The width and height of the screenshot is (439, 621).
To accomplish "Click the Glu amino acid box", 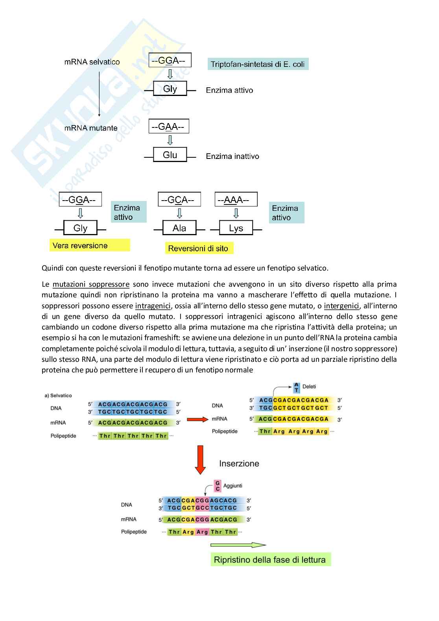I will click(170, 155).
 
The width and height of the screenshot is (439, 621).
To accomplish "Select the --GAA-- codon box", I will click(168, 127).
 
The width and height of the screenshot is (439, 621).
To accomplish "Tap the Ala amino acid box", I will click(179, 228).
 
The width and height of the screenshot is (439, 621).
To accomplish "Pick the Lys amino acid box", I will click(236, 228).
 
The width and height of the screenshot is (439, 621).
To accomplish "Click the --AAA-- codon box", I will click(236, 200).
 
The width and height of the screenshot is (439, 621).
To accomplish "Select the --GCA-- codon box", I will click(179, 200).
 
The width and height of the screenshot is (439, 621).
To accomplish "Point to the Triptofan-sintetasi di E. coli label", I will click(258, 64).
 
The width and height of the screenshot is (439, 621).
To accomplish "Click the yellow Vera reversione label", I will click(89, 245).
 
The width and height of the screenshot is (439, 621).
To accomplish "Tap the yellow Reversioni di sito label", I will click(198, 248).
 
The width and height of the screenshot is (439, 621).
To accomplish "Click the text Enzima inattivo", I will click(232, 156).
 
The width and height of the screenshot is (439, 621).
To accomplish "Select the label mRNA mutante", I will click(91, 128).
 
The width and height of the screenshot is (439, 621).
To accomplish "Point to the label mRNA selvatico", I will click(92, 62).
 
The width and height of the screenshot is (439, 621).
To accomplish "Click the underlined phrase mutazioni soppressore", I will click(91, 284).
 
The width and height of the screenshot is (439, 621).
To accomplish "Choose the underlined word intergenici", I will click(341, 306).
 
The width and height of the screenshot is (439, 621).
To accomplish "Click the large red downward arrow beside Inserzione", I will click(201, 459).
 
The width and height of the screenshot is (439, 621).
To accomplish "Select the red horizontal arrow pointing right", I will click(197, 419).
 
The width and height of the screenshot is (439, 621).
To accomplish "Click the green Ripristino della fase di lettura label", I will click(270, 560).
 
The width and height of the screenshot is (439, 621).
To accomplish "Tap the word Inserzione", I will click(239, 463).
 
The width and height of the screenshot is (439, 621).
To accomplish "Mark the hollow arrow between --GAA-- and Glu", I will click(170, 140).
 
